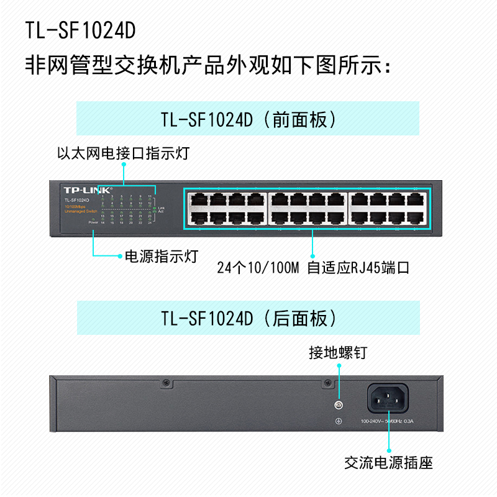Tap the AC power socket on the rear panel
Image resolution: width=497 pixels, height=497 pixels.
pos(389,398)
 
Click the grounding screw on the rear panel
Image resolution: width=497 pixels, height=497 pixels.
pos(339,406)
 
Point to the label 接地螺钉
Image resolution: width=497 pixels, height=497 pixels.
pos(339,353)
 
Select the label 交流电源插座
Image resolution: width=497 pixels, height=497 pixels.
pos(389,463)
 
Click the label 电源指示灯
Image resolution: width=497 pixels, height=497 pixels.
pos(162,255)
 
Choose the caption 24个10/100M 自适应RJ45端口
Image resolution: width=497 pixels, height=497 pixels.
pos(312,268)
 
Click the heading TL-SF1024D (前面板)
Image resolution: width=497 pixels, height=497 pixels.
pos(248,119)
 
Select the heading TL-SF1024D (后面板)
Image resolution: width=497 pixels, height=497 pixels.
pos(248,319)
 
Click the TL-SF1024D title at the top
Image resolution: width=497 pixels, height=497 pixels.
pos(81,30)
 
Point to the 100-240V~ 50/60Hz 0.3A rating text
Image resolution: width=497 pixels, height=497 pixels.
pos(387,422)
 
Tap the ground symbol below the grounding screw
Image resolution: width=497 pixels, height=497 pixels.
pos(339,422)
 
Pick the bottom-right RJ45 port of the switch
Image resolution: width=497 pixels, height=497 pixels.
pos(417,217)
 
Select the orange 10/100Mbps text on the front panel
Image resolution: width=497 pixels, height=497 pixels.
pos(75,206)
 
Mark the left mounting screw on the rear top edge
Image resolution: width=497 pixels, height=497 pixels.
pos(166,383)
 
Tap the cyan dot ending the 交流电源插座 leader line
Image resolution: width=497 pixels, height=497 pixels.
pos(389,451)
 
